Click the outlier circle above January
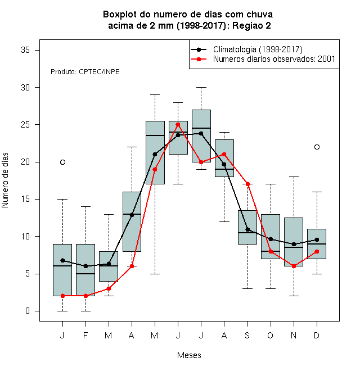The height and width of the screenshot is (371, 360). pos(62,162)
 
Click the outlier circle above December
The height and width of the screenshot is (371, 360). pos(317,147)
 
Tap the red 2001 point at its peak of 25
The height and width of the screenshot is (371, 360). pos(178,124)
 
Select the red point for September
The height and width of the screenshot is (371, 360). pos(247,184)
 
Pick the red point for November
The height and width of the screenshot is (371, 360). pos(294,266)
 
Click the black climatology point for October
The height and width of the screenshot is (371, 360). pos(271,239)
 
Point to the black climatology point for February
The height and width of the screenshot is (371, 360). pos(85,266)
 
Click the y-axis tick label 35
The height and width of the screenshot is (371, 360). pos(25,50)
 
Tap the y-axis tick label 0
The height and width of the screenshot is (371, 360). pos(28,311)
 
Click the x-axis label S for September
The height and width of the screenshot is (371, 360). pos(247,335)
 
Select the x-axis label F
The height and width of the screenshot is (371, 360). pos(85,335)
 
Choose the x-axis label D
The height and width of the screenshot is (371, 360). pos(317,335)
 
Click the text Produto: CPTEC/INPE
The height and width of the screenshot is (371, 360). pos(85,72)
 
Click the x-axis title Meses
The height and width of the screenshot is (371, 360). pos(189,355)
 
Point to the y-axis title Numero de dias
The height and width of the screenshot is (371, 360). pos(5,180)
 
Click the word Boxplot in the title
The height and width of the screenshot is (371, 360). pos(120,15)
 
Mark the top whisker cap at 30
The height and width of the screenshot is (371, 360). pos(201,87)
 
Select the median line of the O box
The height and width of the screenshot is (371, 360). pos(271,251)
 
